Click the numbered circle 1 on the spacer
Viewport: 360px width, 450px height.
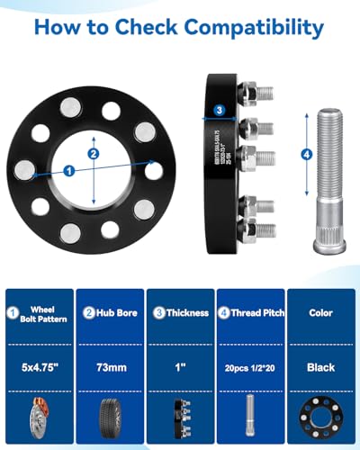(70, 169)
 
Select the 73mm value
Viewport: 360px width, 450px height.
(109, 367)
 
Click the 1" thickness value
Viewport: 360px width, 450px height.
(180, 367)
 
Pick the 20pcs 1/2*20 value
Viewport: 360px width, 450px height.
(250, 367)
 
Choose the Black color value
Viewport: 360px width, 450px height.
(320, 367)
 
